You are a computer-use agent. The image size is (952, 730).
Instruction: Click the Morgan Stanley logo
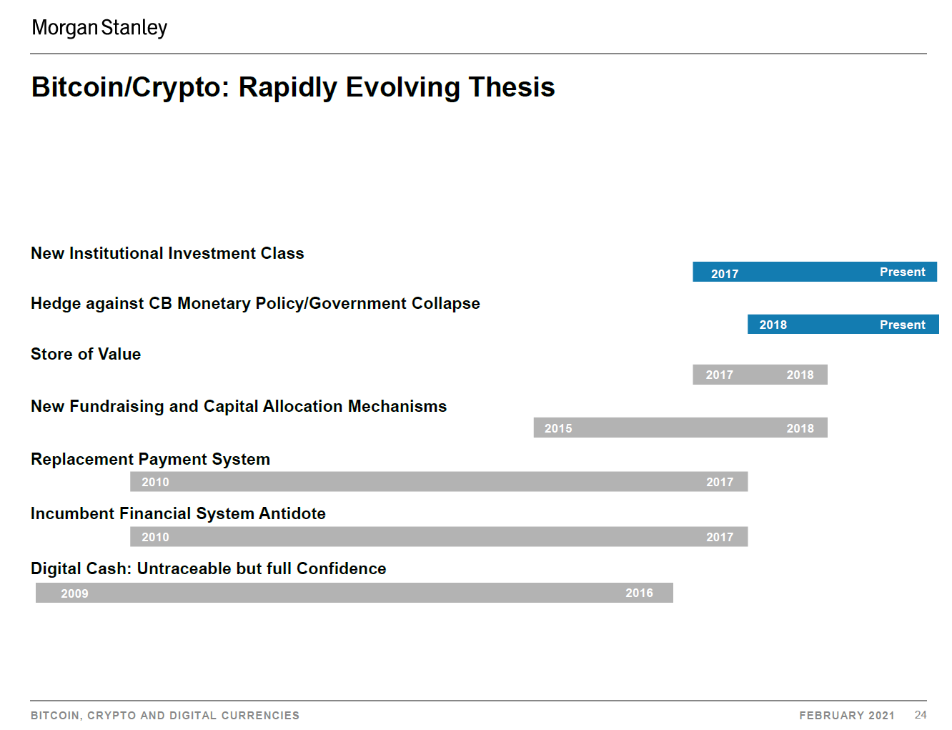99,28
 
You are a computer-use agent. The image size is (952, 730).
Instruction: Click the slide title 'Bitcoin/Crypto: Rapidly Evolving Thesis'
293,87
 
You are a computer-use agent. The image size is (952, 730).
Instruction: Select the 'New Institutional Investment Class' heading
167,253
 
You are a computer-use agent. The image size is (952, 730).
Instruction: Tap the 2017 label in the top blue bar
725,274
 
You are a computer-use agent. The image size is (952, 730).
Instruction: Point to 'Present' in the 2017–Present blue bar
903,272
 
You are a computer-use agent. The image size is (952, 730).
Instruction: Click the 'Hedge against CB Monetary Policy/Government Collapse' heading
255,303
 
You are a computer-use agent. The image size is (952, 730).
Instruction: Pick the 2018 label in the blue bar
773,325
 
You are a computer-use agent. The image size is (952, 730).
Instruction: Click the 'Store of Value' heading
86,354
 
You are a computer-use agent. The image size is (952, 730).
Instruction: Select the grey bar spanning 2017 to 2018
760,375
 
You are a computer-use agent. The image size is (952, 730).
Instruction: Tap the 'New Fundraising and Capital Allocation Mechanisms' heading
239,406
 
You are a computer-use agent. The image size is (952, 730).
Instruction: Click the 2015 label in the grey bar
558,428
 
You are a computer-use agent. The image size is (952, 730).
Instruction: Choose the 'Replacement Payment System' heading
150,459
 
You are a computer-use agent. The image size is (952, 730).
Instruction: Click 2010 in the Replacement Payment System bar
155,482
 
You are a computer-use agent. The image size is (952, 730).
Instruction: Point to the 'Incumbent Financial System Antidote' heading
178,513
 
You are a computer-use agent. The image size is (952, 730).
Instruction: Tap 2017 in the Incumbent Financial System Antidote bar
720,537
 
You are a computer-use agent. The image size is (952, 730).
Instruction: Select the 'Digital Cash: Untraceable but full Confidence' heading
209,568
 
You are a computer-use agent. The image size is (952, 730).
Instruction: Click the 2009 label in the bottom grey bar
74,593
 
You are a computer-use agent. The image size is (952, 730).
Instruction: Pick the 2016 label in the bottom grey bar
639,593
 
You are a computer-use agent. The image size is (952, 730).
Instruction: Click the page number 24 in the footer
921,715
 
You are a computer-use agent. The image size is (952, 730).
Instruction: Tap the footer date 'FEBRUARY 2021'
846,716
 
